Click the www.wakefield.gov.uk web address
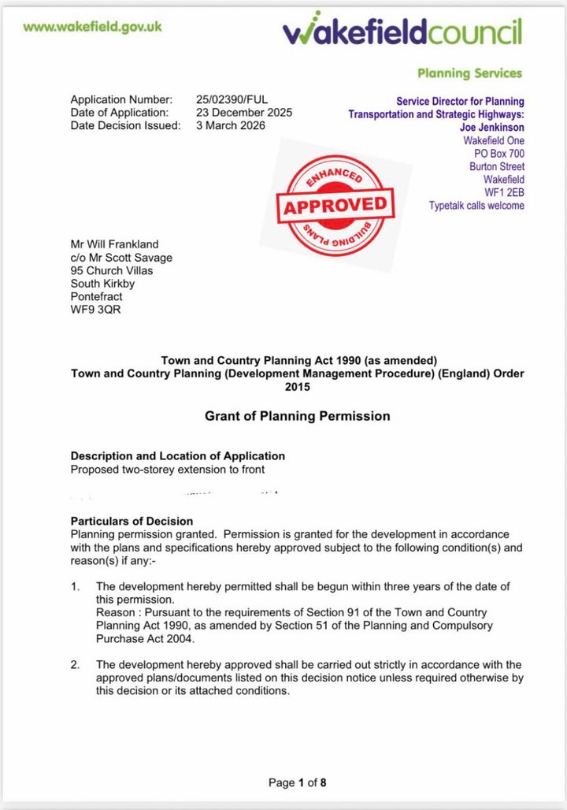[x=93, y=26]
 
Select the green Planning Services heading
[x=469, y=73]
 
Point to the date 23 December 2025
[x=244, y=113]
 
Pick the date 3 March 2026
[x=231, y=126]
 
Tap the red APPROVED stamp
[x=335, y=206]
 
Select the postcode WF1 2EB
[x=504, y=192]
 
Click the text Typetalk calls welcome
[x=476, y=206]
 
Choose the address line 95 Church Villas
[x=112, y=270]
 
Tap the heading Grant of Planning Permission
[x=297, y=416]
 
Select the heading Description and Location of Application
[x=178, y=456]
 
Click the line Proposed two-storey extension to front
[x=168, y=470]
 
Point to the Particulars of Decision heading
[x=132, y=521]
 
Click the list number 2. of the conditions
[x=76, y=665]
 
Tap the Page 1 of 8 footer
[x=297, y=782]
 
